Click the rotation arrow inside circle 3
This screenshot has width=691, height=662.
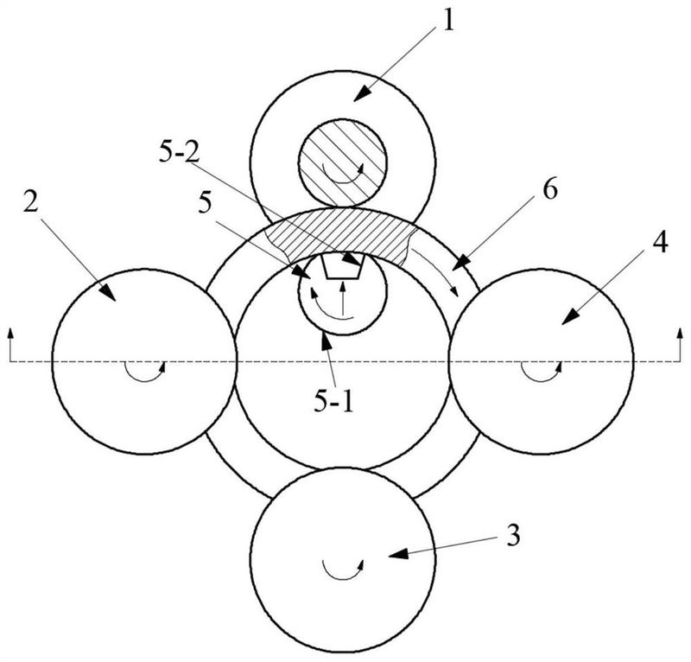tap(342, 566)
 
